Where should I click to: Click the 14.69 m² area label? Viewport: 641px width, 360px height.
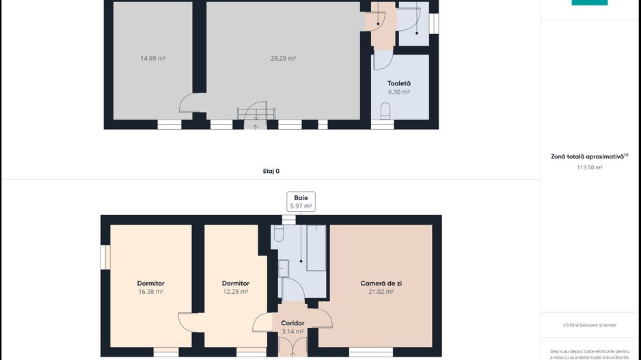pyautogui.click(x=152, y=59)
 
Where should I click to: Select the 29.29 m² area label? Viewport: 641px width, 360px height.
pyautogui.click(x=283, y=59)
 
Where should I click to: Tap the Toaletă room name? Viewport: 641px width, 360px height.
pyautogui.click(x=399, y=83)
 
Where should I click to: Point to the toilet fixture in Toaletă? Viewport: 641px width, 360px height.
pyautogui.click(x=385, y=110)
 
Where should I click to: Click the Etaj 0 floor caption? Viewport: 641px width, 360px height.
pyautogui.click(x=271, y=171)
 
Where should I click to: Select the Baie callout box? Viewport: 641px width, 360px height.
pyautogui.click(x=301, y=202)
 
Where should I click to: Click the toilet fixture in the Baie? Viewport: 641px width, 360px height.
pyautogui.click(x=278, y=234)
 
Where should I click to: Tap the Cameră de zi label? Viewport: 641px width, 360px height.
pyautogui.click(x=381, y=283)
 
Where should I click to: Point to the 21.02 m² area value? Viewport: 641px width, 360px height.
pyautogui.click(x=381, y=292)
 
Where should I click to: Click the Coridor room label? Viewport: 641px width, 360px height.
pyautogui.click(x=292, y=323)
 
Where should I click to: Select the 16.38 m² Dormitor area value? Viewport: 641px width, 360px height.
pyautogui.click(x=150, y=292)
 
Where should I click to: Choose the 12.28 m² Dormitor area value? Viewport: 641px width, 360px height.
pyautogui.click(x=235, y=292)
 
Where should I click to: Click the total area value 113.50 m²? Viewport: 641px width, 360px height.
pyautogui.click(x=589, y=167)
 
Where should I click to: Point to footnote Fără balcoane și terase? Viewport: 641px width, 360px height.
pyautogui.click(x=589, y=325)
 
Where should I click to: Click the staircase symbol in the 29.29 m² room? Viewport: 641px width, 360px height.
pyautogui.click(x=256, y=113)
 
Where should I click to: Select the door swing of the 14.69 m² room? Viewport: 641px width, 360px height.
pyautogui.click(x=189, y=105)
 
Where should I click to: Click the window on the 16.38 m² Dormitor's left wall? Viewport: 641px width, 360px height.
pyautogui.click(x=105, y=257)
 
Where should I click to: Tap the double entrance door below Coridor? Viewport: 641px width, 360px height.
pyautogui.click(x=292, y=346)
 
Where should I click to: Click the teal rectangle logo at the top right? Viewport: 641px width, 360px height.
pyautogui.click(x=589, y=3)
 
